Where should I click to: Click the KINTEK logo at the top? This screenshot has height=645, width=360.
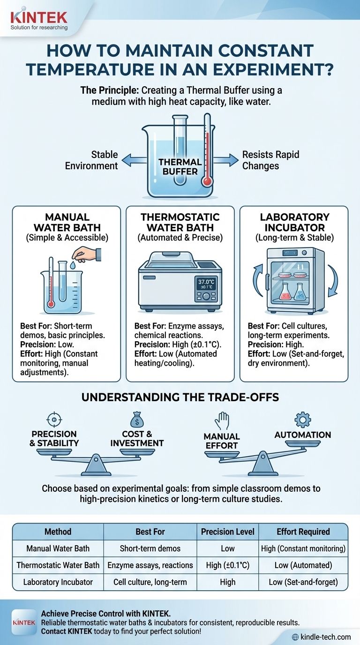39,18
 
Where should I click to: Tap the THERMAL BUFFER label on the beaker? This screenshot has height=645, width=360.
180,166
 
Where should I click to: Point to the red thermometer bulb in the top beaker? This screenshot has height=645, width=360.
206,181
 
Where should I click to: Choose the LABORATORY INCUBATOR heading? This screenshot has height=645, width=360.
294,222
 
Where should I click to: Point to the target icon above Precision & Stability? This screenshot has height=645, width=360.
54,419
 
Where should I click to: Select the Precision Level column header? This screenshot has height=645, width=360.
228,532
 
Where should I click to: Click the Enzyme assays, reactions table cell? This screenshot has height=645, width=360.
150,565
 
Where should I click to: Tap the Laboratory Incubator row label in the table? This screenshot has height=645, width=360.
58,582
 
